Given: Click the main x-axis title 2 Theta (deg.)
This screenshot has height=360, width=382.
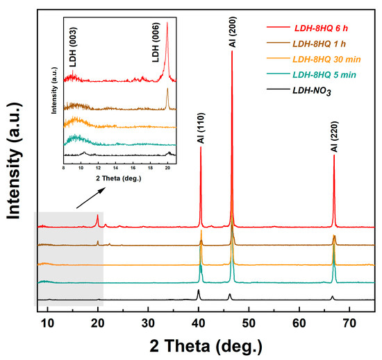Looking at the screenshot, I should [x=208, y=345].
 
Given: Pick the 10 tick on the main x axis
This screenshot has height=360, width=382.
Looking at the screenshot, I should [x=47, y=323].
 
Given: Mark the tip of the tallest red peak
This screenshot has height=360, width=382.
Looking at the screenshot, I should [x=232, y=51].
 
